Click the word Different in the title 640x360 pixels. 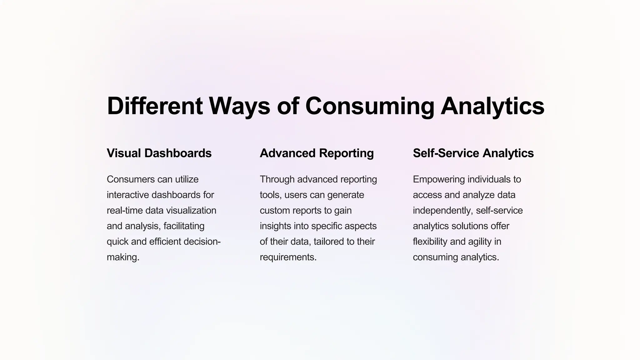click(x=155, y=106)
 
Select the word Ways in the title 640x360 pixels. click(x=239, y=106)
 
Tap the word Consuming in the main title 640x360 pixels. click(x=369, y=106)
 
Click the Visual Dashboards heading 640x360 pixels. click(x=159, y=153)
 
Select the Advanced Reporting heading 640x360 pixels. click(x=317, y=153)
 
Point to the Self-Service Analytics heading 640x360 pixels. click(x=473, y=153)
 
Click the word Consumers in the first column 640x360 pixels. click(x=131, y=179)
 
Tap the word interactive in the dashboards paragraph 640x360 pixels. click(x=128, y=195)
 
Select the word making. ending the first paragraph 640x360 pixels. click(x=123, y=257)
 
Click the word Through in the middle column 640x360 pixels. click(x=277, y=179)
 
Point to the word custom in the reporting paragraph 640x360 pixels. click(x=275, y=210)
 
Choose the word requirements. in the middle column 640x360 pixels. click(x=288, y=257)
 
